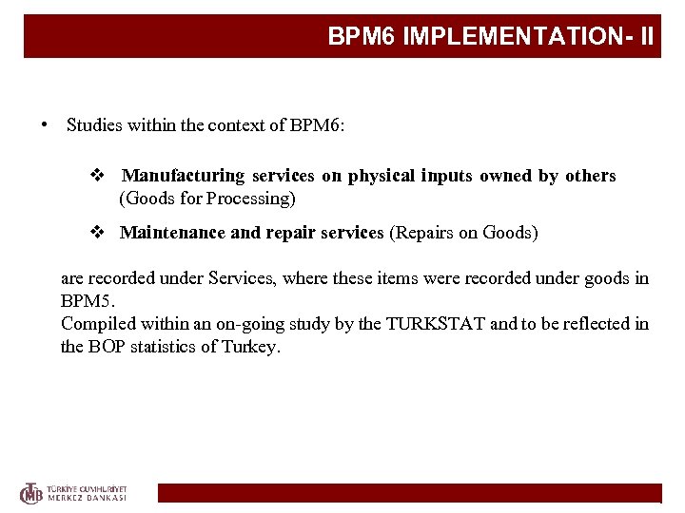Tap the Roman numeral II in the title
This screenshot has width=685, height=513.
point(646,37)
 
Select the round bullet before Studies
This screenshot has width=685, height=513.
point(44,125)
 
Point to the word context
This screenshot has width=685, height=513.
point(235,125)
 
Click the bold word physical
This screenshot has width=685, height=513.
point(381,176)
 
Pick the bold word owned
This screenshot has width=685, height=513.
point(506,176)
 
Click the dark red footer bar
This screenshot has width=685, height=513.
point(409,493)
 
